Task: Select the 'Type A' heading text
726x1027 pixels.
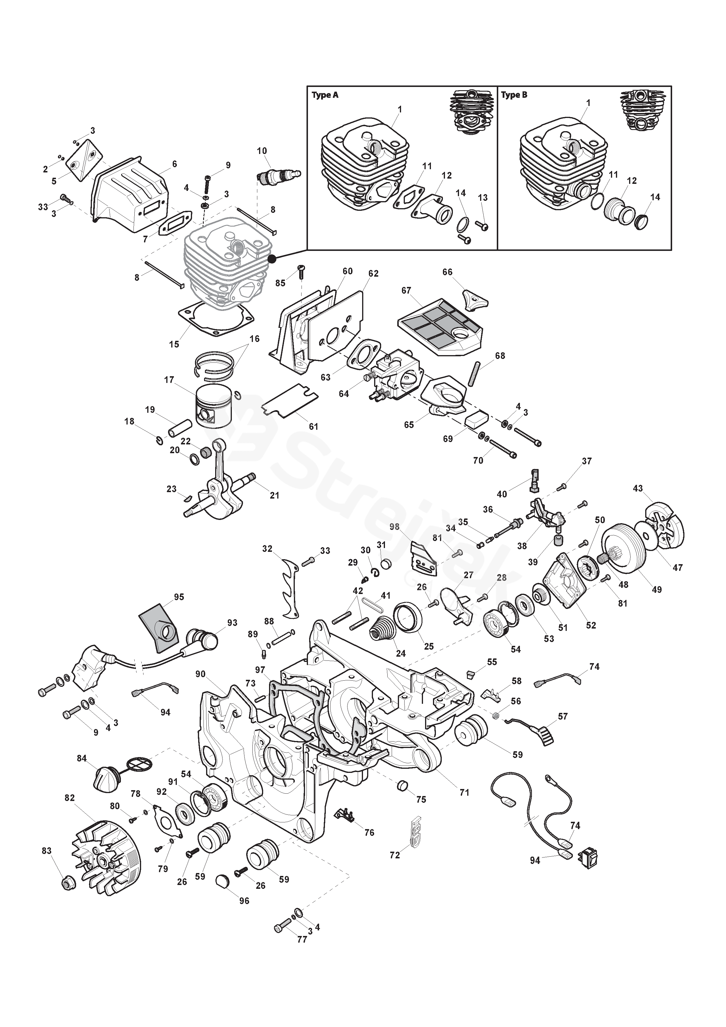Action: pyautogui.click(x=325, y=95)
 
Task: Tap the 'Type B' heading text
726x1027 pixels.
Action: pyautogui.click(x=514, y=95)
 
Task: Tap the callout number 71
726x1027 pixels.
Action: pyautogui.click(x=464, y=792)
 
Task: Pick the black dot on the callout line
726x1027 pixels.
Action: pyautogui.click(x=272, y=259)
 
